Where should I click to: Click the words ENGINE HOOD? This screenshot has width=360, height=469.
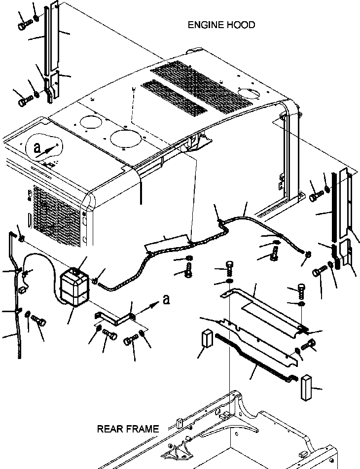click(221, 25)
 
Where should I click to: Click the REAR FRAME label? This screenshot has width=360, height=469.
click(128, 429)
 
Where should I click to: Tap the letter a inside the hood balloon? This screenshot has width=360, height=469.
click(36, 147)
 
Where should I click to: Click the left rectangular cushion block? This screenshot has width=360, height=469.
click(207, 339)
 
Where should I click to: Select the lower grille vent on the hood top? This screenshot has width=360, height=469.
click(175, 96)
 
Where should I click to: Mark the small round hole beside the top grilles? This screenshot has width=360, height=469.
click(245, 92)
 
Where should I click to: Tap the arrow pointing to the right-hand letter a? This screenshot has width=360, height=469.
click(148, 309)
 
